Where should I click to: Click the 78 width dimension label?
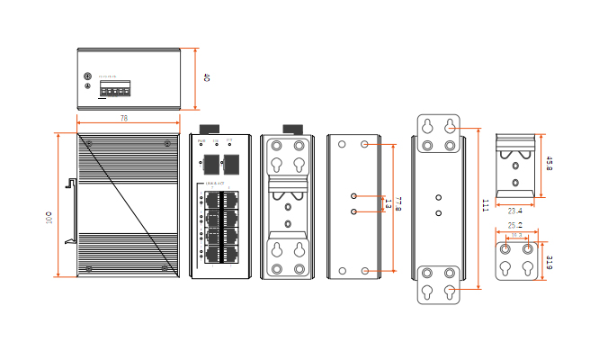click(x=123, y=118)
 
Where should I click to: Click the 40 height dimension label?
click(x=206, y=78)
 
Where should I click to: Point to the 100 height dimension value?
click(x=49, y=217)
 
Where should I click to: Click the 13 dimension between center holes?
click(x=388, y=203)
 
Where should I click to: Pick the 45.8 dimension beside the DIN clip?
click(x=549, y=163)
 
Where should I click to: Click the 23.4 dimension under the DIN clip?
click(x=515, y=211)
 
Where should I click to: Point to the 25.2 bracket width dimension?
click(x=515, y=226)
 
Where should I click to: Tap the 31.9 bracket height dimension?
click(x=549, y=262)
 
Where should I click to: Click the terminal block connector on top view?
click(x=114, y=89)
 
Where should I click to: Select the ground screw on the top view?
click(x=87, y=77)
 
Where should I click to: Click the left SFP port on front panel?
click(x=211, y=164)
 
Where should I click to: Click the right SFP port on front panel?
click(x=231, y=164)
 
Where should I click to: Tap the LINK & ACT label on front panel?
click(x=215, y=184)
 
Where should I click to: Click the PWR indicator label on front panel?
click(x=202, y=140)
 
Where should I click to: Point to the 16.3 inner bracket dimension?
click(x=516, y=236)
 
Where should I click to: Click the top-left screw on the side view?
click(x=88, y=142)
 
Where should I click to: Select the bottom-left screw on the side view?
click(x=88, y=268)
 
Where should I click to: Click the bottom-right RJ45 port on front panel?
click(x=228, y=254)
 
